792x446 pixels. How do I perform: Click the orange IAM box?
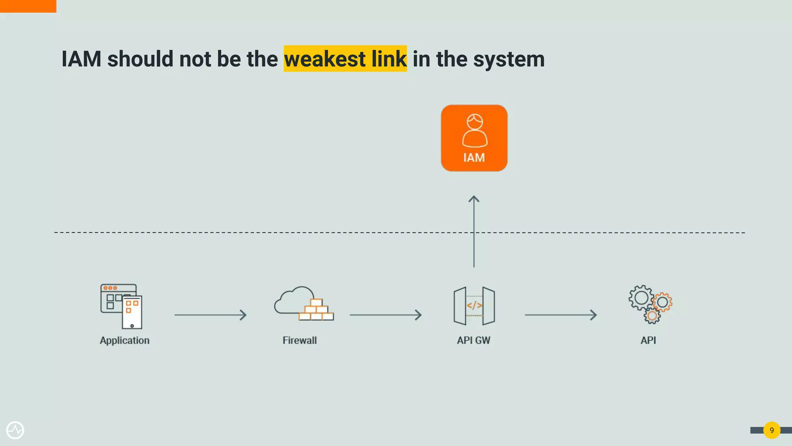click(474, 138)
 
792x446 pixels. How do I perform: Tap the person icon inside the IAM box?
click(475, 130)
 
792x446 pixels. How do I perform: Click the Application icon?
click(121, 306)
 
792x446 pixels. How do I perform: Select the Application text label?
click(125, 340)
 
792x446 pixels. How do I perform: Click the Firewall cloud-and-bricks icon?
click(304, 304)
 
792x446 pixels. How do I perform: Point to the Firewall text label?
click(300, 340)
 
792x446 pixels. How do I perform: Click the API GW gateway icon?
click(474, 306)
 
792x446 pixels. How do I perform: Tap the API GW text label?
click(474, 340)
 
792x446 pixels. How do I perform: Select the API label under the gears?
click(648, 340)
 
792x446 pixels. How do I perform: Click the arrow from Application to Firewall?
click(210, 315)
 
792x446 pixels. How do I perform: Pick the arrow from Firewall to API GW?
click(385, 315)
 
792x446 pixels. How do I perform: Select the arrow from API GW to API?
click(560, 315)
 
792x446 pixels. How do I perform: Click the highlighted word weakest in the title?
click(325, 59)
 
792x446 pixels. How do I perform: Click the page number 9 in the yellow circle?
click(772, 430)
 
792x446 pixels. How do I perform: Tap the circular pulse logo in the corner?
click(15, 430)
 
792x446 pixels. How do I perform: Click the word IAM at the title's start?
click(82, 59)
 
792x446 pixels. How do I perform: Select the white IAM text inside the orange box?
click(474, 158)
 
